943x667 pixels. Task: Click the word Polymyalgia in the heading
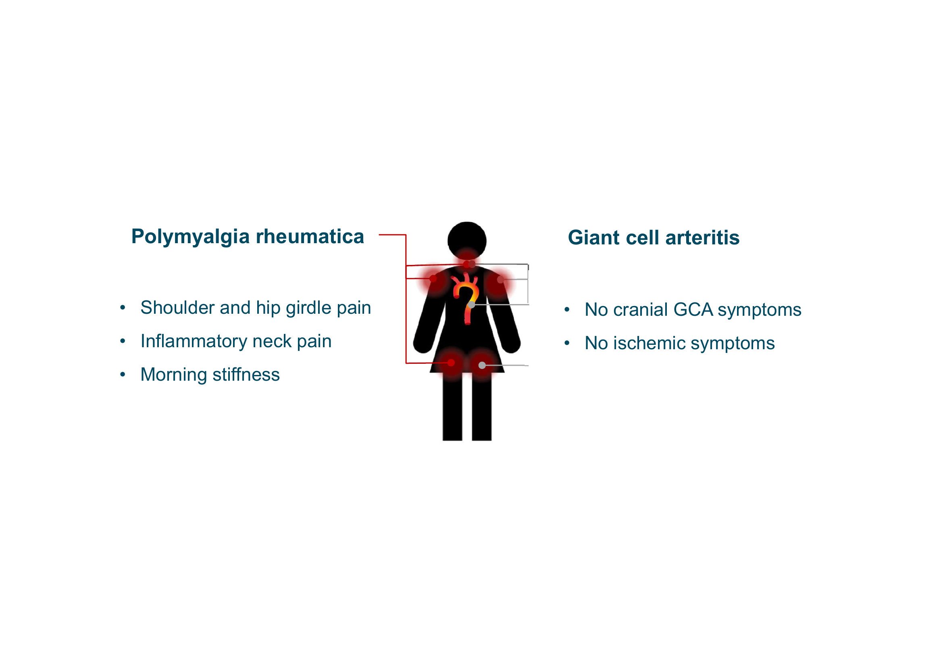point(190,237)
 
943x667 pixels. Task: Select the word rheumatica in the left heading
point(310,237)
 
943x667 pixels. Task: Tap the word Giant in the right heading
point(593,238)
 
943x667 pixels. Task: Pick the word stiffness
point(246,375)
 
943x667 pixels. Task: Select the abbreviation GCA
point(693,310)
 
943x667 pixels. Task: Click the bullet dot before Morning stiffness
point(123,375)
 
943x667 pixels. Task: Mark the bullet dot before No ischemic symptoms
point(567,343)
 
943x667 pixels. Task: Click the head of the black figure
point(467,240)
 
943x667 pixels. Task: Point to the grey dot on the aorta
point(472,305)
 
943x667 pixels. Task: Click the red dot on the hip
point(451,363)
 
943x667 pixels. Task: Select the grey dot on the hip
point(482,365)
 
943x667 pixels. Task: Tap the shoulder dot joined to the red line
point(433,279)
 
